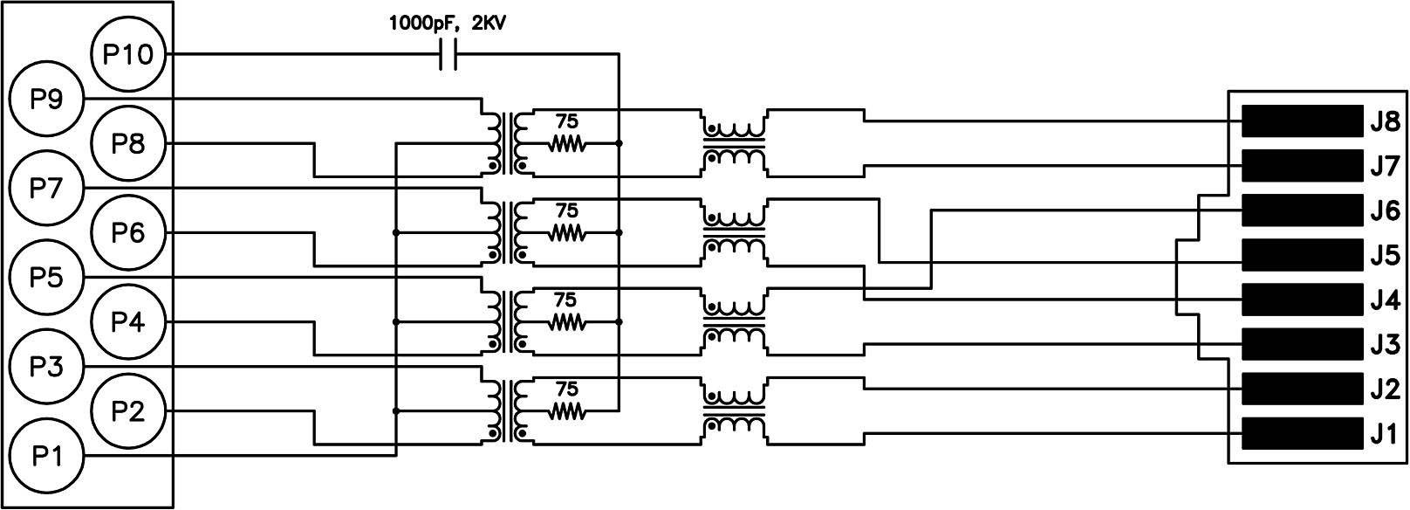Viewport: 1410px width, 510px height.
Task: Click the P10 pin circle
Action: coord(127,55)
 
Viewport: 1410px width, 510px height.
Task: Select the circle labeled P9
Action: coord(45,100)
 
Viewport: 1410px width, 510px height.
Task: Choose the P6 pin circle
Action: coord(127,233)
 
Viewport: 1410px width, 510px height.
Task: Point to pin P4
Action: coord(127,322)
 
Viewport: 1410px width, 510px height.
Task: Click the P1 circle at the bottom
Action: coord(45,456)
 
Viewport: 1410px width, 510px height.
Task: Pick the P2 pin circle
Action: coord(127,411)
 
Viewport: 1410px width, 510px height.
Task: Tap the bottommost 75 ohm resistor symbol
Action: coord(567,410)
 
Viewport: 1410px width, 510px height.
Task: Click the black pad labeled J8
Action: coord(1302,121)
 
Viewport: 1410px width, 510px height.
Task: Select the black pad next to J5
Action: coord(1302,255)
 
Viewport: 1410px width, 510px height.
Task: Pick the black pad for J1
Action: coord(1302,433)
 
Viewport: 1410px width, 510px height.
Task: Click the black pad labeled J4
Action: coord(1302,300)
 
